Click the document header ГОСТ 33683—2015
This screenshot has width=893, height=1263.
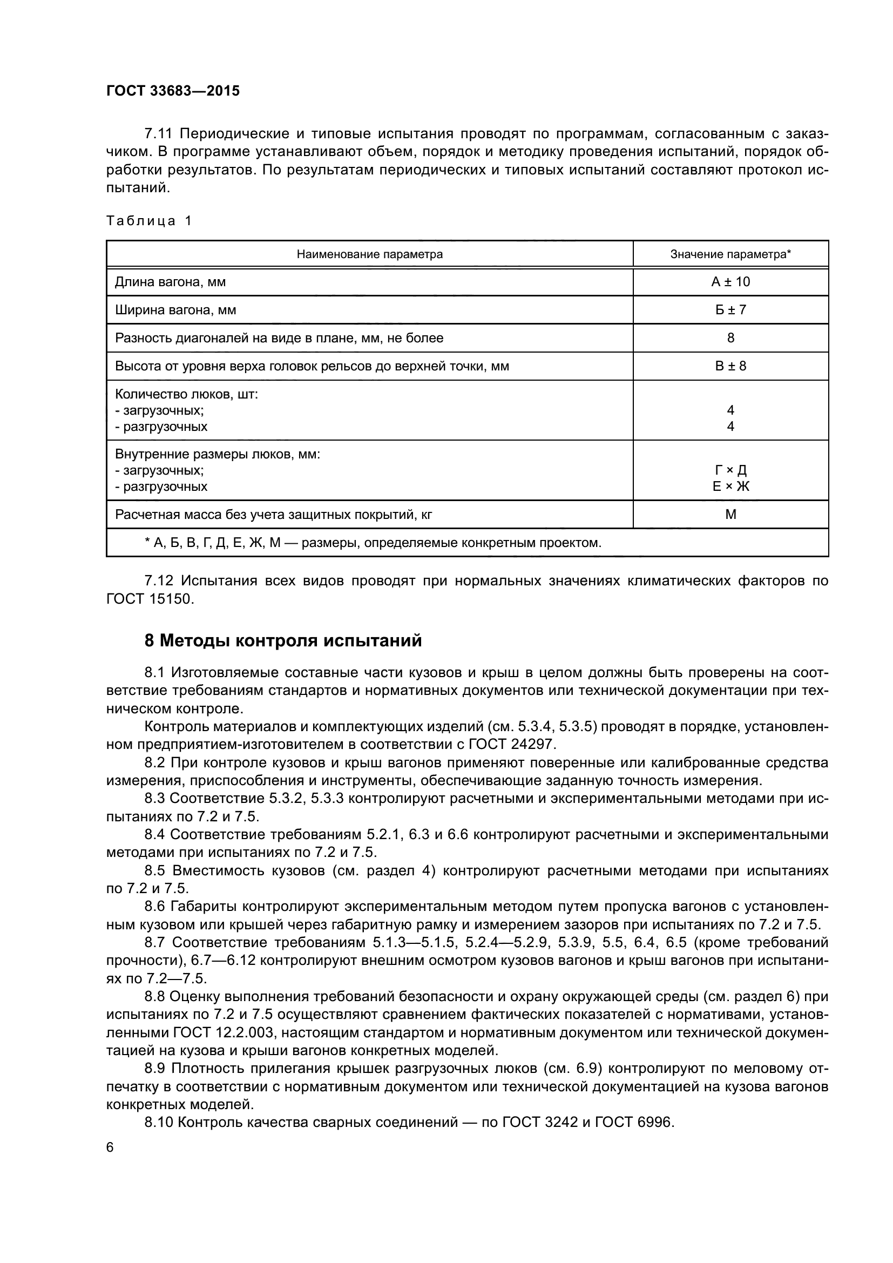pyautogui.click(x=173, y=91)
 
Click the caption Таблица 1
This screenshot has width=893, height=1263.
pyautogui.click(x=149, y=221)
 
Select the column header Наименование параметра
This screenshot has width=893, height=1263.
pyautogui.click(x=369, y=254)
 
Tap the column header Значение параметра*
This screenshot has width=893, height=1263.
pyautogui.click(x=730, y=254)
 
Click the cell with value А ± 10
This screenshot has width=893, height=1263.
pyautogui.click(x=730, y=282)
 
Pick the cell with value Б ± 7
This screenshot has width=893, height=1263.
pyautogui.click(x=730, y=310)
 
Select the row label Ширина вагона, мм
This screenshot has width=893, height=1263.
pyautogui.click(x=175, y=310)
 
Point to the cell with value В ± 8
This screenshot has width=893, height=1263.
pyautogui.click(x=730, y=366)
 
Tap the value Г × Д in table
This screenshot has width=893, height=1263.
pyautogui.click(x=730, y=471)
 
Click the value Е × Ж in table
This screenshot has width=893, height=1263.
pyautogui.click(x=730, y=487)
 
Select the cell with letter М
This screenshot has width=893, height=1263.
pyautogui.click(x=730, y=515)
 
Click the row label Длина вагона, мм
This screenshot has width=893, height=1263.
pyautogui.click(x=170, y=282)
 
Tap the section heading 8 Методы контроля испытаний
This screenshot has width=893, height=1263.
pyautogui.click(x=283, y=641)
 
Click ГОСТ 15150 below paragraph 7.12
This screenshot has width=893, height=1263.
pyautogui.click(x=150, y=599)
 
